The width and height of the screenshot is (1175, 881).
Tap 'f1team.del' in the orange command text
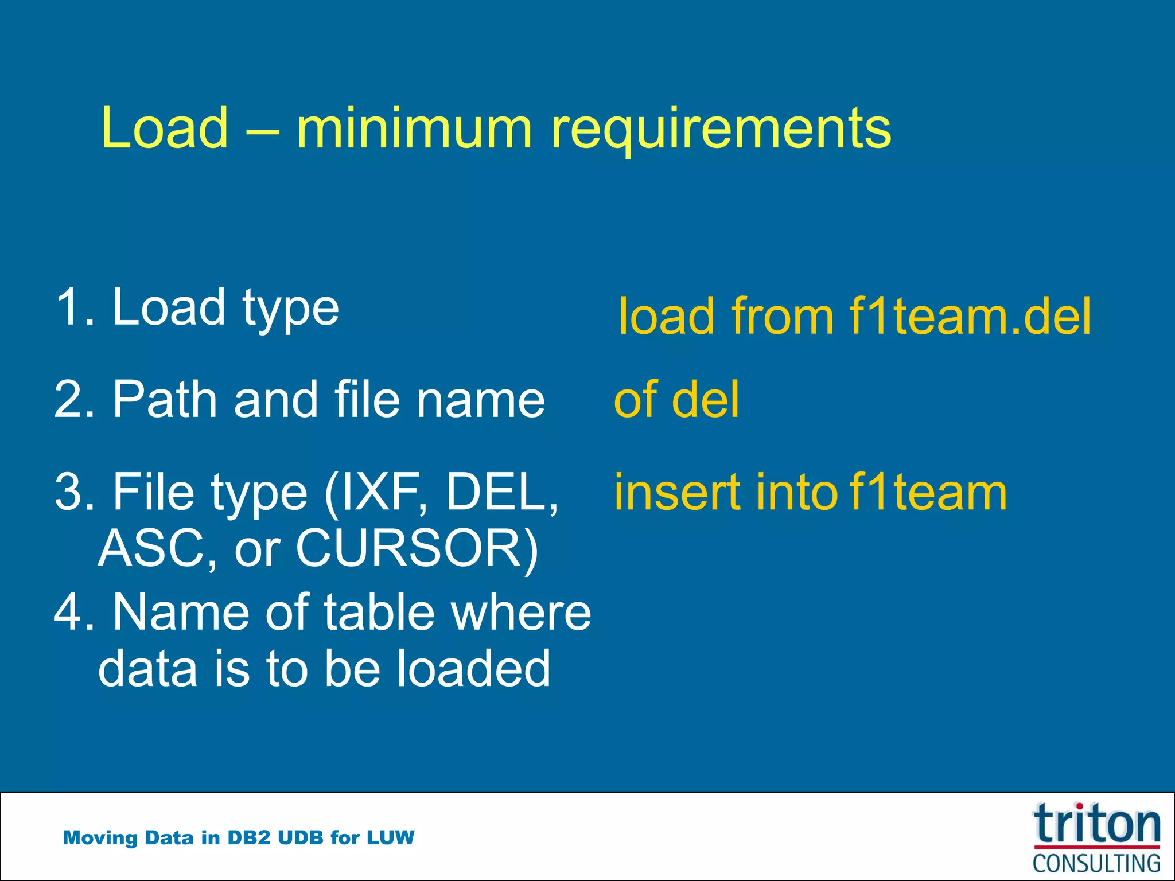tap(970, 317)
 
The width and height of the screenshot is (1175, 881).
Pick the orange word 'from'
tap(783, 317)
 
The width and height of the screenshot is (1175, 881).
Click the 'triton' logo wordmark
tap(1096, 825)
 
